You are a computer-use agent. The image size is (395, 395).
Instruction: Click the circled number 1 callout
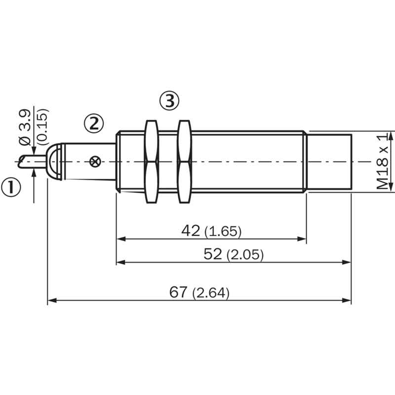tap(11, 188)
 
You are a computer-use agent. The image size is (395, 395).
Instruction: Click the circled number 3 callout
tap(169, 101)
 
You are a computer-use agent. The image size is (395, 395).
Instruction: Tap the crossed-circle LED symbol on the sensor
tap(95, 162)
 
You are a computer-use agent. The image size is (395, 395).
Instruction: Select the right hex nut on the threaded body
tap(184, 161)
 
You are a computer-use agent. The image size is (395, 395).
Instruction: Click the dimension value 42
tap(191, 230)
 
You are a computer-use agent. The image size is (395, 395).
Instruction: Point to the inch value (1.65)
tap(223, 231)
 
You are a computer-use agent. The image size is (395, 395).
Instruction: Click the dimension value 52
tap(213, 254)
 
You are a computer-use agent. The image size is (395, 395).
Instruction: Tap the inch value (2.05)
tap(245, 255)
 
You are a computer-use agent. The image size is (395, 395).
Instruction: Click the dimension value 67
tap(178, 292)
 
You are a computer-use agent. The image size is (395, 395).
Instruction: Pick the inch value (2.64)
tap(211, 293)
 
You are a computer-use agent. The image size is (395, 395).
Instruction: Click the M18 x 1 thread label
tap(382, 162)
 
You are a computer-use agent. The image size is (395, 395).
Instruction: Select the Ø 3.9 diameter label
tap(25, 127)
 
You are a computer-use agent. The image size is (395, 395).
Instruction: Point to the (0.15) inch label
tap(42, 127)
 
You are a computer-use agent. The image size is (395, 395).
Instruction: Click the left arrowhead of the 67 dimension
tap(52, 300)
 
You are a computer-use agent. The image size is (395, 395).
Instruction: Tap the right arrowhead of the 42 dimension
tap(302, 239)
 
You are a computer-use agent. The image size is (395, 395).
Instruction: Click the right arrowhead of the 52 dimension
tap(347, 262)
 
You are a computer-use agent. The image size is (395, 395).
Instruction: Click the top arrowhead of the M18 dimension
tap(391, 136)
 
